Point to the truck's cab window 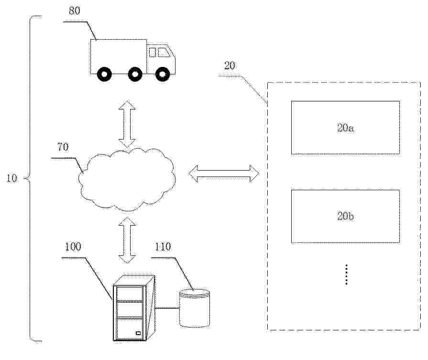(160, 52)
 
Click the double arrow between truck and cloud (127, 123)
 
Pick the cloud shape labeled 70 (127, 178)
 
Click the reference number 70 (63, 147)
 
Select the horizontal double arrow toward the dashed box (223, 174)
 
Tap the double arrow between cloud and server (127, 240)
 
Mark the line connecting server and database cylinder (167, 308)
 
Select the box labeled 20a (345, 128)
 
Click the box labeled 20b (345, 216)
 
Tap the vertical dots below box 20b (345, 274)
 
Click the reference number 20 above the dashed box (230, 66)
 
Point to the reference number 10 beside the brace (12, 179)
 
